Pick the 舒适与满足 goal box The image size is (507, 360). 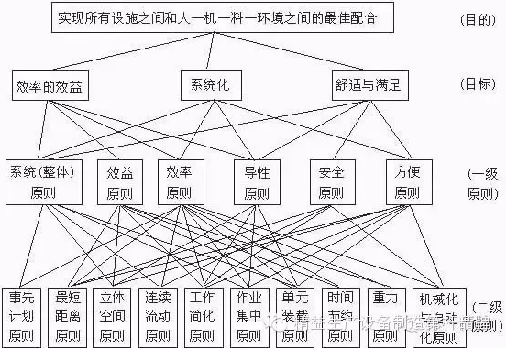tap(367, 87)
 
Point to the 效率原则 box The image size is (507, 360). tap(181, 181)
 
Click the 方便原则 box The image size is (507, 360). tap(406, 181)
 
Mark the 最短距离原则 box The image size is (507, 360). tap(67, 317)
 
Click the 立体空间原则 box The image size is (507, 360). tap(112, 317)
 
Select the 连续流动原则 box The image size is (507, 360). tap(158, 317)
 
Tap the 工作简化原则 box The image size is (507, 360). tap(204, 317)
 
